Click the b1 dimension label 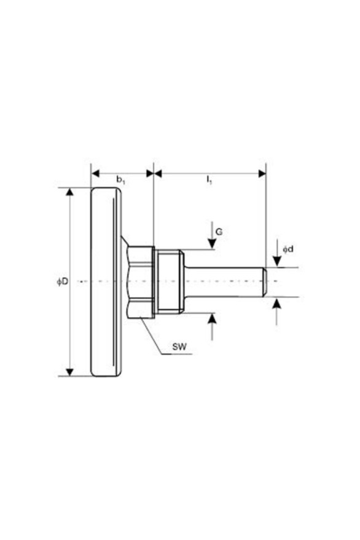(x=120, y=180)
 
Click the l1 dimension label (x=209, y=180)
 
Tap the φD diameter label (x=63, y=282)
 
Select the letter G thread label (x=219, y=232)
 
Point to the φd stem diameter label (x=288, y=249)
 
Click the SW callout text (x=179, y=346)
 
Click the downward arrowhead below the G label (x=212, y=244)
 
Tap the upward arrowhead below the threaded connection (x=212, y=318)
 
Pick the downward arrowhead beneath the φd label (x=276, y=261)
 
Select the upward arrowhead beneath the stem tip (x=276, y=303)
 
